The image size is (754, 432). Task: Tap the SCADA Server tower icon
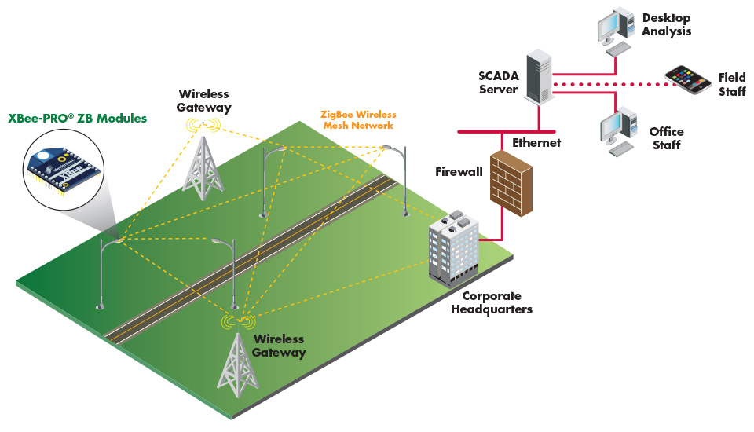(538, 76)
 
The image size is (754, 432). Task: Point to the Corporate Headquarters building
(454, 245)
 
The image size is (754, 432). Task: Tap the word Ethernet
(536, 143)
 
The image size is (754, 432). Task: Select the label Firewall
(459, 171)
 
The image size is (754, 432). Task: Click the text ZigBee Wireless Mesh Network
(358, 120)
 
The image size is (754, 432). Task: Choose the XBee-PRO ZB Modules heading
(78, 119)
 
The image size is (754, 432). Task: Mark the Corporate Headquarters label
(496, 302)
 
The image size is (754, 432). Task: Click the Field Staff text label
(731, 84)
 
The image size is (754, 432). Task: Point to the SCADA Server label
(498, 82)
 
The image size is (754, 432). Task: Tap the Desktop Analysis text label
(666, 24)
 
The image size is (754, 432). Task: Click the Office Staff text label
(666, 138)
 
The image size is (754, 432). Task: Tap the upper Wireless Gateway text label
(204, 101)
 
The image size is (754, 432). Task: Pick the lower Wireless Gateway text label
(279, 346)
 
